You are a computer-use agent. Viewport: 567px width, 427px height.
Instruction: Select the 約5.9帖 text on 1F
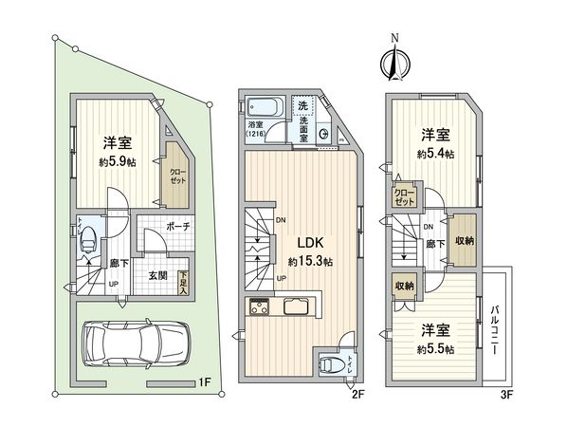click(118, 163)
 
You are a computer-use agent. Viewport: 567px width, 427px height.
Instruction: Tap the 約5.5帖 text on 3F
click(435, 349)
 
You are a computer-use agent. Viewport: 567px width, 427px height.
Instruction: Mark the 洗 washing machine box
click(302, 106)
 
